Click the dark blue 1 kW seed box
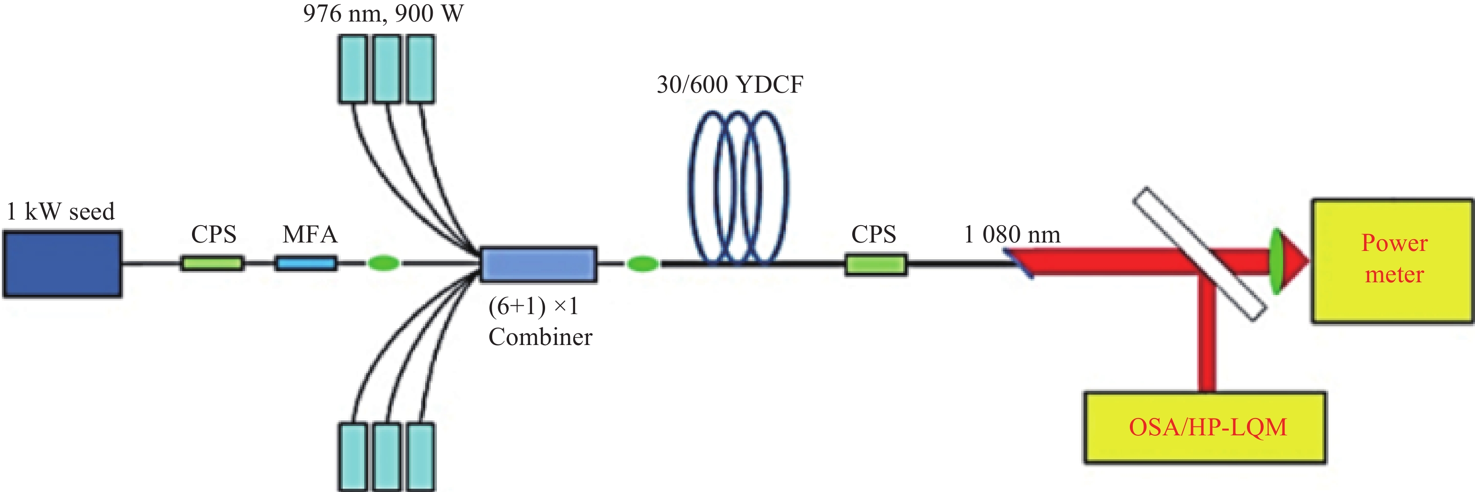pos(62,264)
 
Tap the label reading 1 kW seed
pos(61,211)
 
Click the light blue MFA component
pos(306,264)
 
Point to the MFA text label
pos(310,234)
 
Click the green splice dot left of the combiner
pos(383,264)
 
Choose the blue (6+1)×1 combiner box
pos(538,264)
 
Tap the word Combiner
pos(540,337)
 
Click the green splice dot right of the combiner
pos(642,264)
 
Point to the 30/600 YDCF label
pos(730,85)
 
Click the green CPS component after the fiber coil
pos(876,264)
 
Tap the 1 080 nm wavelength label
pos(1012,234)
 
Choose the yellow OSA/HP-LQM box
pos(1205,427)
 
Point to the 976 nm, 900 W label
pos(383,13)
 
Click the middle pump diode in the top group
pos(386,69)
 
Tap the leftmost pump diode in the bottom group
pos(352,456)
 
